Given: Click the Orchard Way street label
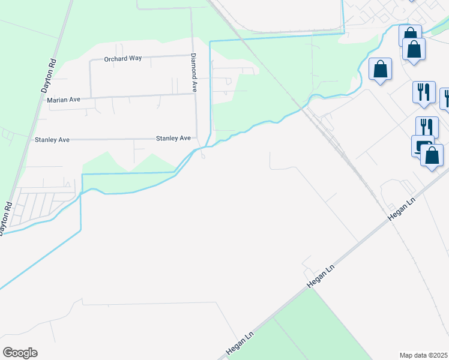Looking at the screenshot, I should [122, 59].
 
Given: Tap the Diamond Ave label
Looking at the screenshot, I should [194, 72].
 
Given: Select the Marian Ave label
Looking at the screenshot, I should [64, 100].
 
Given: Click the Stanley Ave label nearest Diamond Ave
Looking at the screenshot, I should [173, 139].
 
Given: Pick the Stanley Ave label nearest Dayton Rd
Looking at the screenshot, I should [52, 140].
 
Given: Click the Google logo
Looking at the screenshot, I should [20, 353].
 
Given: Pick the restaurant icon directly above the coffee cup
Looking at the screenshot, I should [427, 127].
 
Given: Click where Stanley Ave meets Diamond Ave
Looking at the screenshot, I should [197, 139].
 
